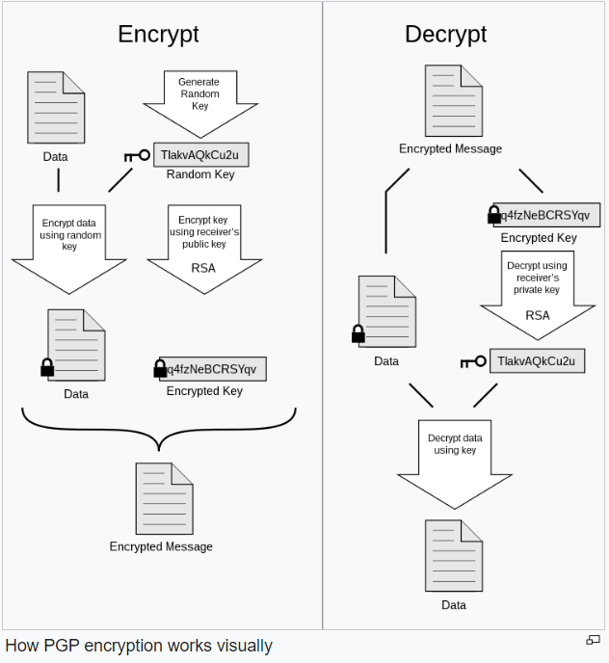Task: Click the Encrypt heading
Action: pyautogui.click(x=158, y=35)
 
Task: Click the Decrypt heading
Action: pyautogui.click(x=446, y=35)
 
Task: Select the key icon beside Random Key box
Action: pyautogui.click(x=137, y=155)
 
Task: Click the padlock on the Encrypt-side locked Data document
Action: pyautogui.click(x=47, y=367)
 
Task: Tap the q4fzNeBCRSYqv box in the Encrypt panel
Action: pyautogui.click(x=213, y=369)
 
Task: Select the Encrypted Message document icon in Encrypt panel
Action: pyautogui.click(x=164, y=498)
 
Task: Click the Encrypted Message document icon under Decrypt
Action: pyautogui.click(x=454, y=100)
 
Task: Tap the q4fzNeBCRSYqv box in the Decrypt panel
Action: pyautogui.click(x=546, y=215)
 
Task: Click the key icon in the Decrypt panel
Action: pyautogui.click(x=473, y=361)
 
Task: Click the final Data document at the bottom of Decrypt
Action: pyautogui.click(x=454, y=556)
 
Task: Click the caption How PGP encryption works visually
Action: pyautogui.click(x=139, y=646)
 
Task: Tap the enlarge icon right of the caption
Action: pyautogui.click(x=593, y=640)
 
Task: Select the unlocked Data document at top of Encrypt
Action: pyautogui.click(x=56, y=107)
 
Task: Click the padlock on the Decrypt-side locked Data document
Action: pyautogui.click(x=358, y=333)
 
